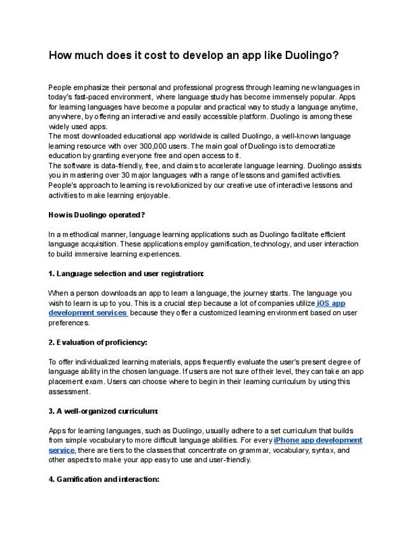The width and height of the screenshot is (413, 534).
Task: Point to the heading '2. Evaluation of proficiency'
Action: point(98,342)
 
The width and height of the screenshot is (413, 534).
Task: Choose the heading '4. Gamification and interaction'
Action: point(104,479)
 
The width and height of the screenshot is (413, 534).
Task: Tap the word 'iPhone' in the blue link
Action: point(287,440)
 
